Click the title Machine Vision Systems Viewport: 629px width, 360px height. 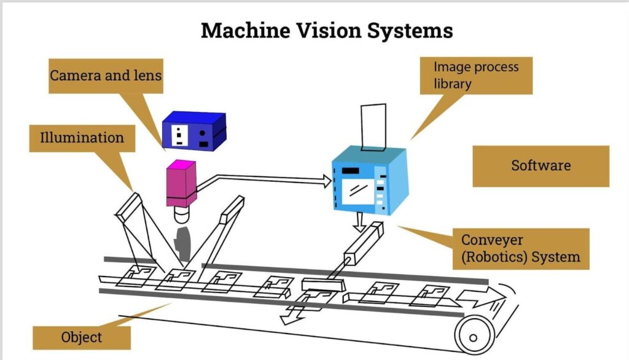click(x=327, y=30)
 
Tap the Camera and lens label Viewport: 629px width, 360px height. click(x=105, y=76)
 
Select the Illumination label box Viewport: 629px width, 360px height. click(x=81, y=137)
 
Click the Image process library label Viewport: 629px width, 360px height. click(x=475, y=75)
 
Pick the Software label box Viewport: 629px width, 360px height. click(x=541, y=166)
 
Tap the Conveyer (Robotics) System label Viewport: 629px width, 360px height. click(x=521, y=248)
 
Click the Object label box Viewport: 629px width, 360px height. click(x=81, y=337)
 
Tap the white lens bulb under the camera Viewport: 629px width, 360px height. click(x=182, y=215)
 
